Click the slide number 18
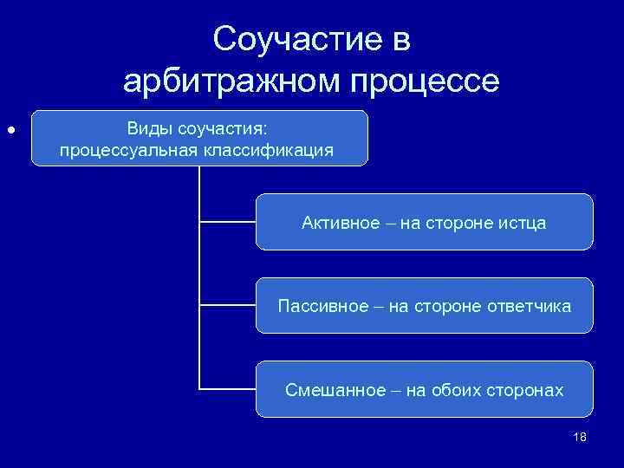pos(580,437)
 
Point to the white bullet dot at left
pos(10,130)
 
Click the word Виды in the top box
pos(149,128)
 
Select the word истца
pos(523,223)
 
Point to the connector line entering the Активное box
pos(227,222)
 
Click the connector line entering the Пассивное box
pos(227,305)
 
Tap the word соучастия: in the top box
pos(224,128)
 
